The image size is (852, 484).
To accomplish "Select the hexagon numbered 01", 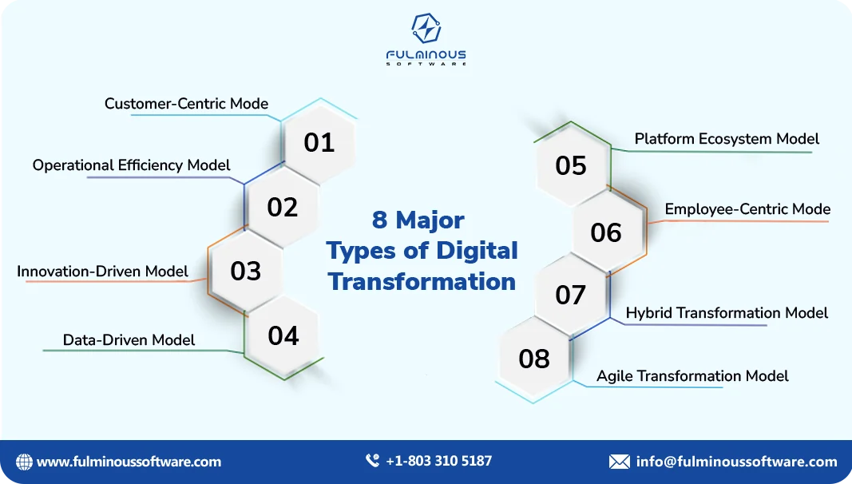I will tap(319, 143).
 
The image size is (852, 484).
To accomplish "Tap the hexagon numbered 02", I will tap(283, 208).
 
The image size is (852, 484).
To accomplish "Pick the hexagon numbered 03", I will tap(246, 272).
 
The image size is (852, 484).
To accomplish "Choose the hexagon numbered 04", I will tap(283, 335).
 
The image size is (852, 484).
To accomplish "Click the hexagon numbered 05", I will tap(571, 166).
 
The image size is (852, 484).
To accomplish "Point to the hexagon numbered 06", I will tap(606, 232).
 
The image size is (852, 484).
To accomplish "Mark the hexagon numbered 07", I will tap(571, 296).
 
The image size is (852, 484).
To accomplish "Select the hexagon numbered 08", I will tap(534, 359).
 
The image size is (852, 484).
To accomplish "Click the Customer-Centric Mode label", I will tap(186, 104).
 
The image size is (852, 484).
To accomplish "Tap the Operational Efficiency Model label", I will tap(131, 165).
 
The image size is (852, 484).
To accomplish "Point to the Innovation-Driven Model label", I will tap(102, 272).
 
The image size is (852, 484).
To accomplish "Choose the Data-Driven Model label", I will tap(129, 340).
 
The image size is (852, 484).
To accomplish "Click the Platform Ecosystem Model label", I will tap(727, 139).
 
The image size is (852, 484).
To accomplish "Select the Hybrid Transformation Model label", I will tap(727, 313).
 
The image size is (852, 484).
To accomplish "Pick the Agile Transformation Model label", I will tap(692, 376).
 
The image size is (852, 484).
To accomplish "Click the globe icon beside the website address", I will tap(25, 462).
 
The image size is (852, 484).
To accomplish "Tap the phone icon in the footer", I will tap(372, 461).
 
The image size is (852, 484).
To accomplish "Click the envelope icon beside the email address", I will tap(619, 462).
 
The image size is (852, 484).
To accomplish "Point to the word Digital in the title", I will tap(477, 250).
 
